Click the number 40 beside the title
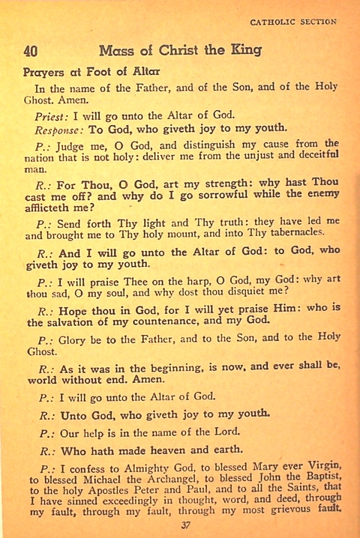pyautogui.click(x=31, y=52)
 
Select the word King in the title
pyautogui.click(x=245, y=51)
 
